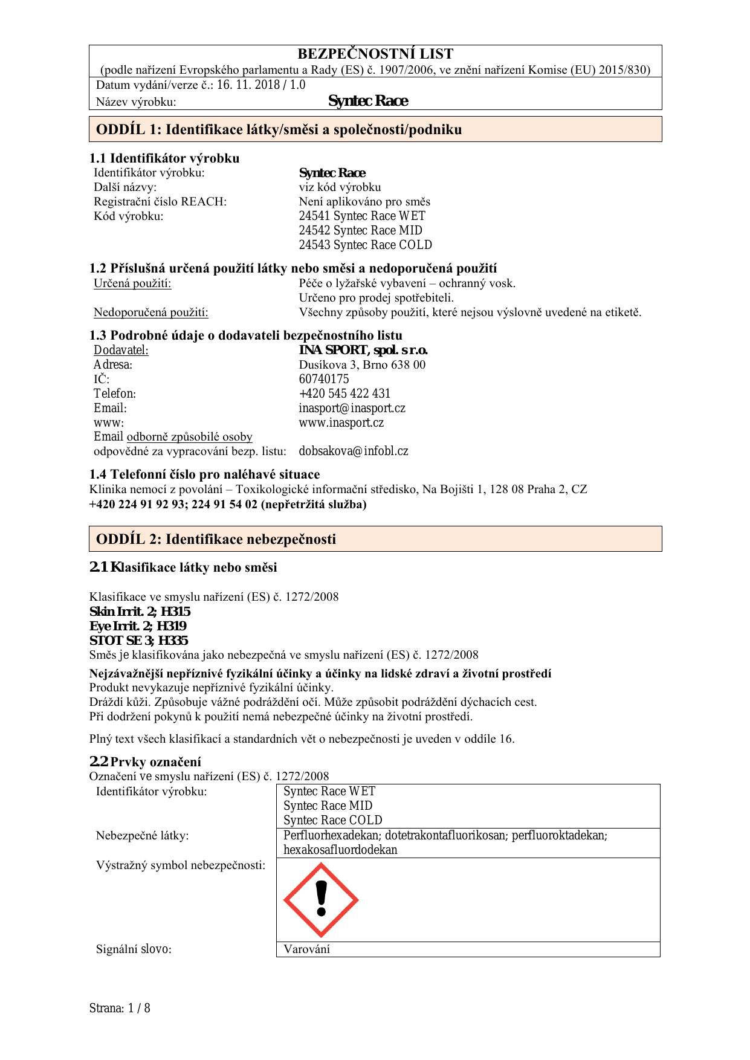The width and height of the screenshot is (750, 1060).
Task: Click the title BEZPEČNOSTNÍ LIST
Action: tap(375, 54)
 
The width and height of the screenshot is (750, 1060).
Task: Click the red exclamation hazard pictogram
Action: tap(321, 900)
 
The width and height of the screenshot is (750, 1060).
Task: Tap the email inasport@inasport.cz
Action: tap(352, 408)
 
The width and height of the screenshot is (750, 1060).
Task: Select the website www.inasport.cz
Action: tap(341, 422)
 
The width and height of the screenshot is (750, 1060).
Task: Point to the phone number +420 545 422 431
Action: tap(344, 393)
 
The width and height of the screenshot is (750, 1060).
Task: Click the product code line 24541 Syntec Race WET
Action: tap(362, 216)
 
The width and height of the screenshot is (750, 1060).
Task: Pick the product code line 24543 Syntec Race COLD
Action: tap(365, 245)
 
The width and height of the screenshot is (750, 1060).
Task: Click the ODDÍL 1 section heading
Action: tap(279, 129)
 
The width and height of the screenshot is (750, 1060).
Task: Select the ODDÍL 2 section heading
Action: tap(216, 539)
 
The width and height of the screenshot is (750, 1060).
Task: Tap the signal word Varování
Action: tap(307, 949)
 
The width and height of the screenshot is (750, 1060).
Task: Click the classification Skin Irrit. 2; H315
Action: tap(140, 611)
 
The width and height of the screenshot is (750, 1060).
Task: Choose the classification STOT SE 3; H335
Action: tap(138, 640)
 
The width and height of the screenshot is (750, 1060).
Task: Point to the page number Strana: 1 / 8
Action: tap(120, 1008)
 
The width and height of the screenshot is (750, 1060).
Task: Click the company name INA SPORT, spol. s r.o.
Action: tap(363, 350)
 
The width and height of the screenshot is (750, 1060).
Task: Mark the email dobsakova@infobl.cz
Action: tap(354, 451)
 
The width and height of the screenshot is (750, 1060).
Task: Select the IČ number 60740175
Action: tap(324, 379)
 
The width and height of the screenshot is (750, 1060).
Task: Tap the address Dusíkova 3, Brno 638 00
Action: tap(362, 364)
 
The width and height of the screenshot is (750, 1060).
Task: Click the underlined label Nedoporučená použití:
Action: tap(151, 312)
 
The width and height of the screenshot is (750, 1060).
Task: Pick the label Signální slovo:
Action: tap(134, 949)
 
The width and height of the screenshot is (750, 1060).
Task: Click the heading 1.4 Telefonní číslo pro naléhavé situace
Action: tap(204, 474)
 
